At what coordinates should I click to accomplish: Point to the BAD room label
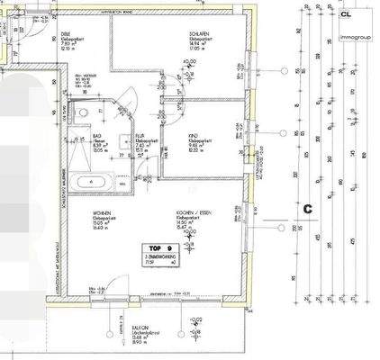pos(96,136)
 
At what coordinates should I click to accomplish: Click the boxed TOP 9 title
pos(157,249)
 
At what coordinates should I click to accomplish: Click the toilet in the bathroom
pos(83,114)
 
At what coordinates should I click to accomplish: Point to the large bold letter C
pos(308,209)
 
